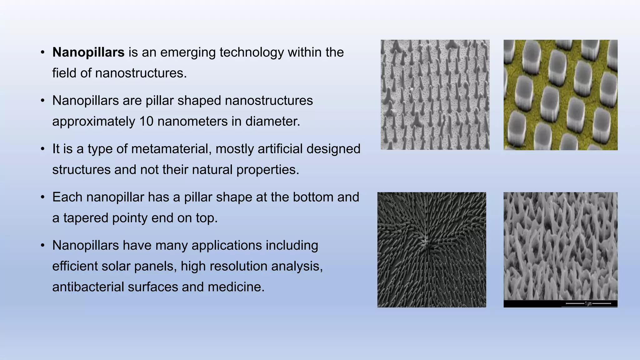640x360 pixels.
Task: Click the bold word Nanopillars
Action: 88,52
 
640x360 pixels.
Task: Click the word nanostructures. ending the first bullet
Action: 141,73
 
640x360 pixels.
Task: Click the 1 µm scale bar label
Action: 588,303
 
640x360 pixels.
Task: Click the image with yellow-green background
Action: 560,95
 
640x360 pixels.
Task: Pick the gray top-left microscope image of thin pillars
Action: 435,95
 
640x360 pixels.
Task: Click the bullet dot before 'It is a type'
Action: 43,149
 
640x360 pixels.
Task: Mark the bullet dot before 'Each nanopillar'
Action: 43,197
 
